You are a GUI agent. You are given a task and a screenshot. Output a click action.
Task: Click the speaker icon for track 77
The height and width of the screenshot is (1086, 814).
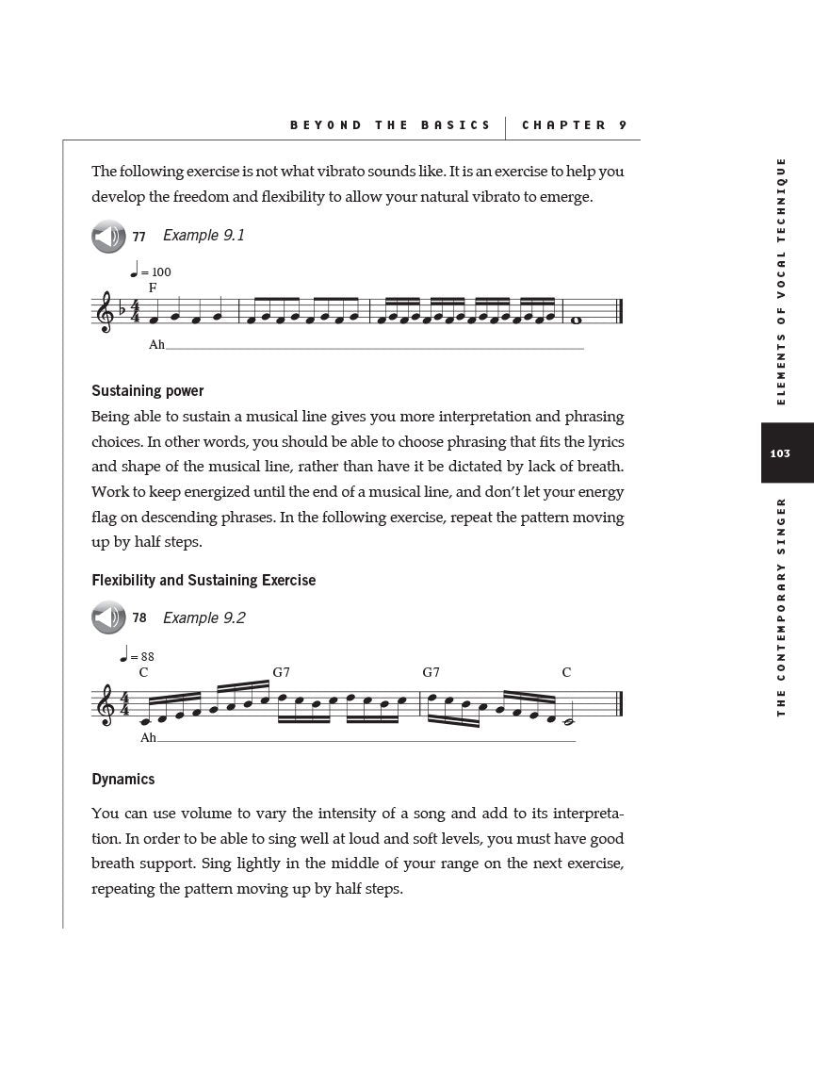(108, 236)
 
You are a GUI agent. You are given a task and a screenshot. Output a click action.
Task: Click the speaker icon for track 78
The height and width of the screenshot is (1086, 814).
(108, 618)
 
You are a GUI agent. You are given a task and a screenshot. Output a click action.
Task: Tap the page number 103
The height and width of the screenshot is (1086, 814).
(780, 453)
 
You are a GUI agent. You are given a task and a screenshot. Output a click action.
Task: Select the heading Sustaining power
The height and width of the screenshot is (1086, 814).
(148, 391)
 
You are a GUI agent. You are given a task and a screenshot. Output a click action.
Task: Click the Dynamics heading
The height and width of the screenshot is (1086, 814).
(123, 780)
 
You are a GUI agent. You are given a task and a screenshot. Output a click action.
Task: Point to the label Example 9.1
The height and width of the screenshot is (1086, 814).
(203, 236)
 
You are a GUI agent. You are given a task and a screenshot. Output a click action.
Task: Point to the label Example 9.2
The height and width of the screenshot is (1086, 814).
(203, 618)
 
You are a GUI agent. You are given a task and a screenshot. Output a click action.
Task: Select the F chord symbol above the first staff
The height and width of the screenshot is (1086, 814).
(153, 288)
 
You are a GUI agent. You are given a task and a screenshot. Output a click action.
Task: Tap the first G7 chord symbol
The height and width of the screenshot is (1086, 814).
(281, 672)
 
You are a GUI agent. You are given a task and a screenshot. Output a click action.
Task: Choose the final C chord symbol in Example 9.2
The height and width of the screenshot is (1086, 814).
(566, 672)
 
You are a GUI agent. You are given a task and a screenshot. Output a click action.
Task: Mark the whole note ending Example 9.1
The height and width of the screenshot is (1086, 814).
(576, 320)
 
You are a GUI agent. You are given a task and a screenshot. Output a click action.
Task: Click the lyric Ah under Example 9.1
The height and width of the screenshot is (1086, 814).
(156, 345)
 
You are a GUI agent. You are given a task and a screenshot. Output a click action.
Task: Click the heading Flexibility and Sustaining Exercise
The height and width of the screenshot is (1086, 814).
(203, 581)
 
